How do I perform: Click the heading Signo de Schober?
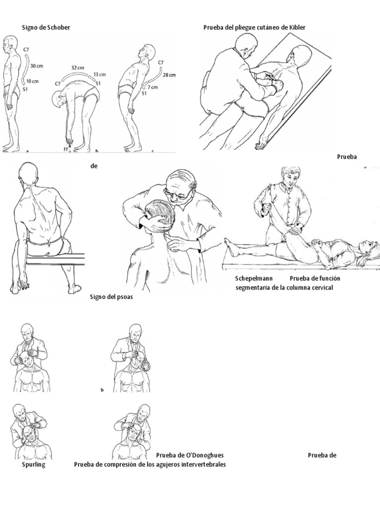click(x=46, y=28)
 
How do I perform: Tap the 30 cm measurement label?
click(x=37, y=66)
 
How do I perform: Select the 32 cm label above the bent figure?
click(x=78, y=68)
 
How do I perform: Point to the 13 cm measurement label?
click(x=99, y=75)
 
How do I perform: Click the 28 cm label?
click(x=169, y=75)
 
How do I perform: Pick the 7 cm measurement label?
click(x=153, y=87)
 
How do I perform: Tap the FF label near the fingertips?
click(x=66, y=149)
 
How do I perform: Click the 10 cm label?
click(x=32, y=81)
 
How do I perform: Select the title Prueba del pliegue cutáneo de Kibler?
click(x=254, y=28)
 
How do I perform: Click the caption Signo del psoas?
click(x=111, y=296)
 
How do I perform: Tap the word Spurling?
click(x=34, y=464)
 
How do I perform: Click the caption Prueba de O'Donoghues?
click(x=190, y=455)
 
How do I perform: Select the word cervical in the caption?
click(x=321, y=287)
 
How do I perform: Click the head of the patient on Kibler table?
click(x=300, y=53)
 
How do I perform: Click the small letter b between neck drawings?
click(x=102, y=390)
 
